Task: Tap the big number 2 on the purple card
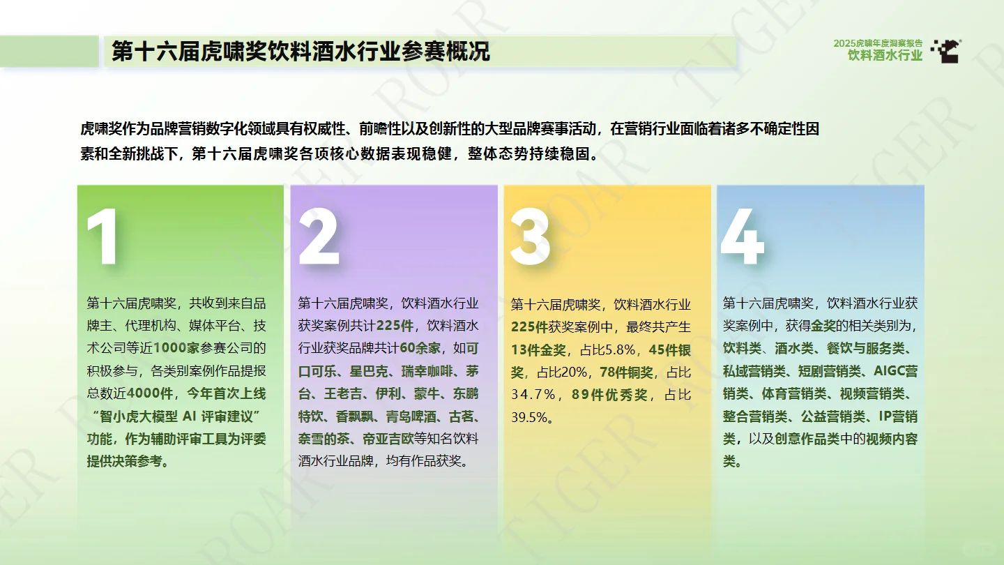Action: point(319,236)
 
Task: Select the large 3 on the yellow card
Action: point(531,236)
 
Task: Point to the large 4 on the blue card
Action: point(742,236)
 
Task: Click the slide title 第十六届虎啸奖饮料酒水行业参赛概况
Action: point(301,52)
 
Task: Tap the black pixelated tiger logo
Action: point(946,50)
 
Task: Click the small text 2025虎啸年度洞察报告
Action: point(878,43)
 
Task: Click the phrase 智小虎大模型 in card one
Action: point(137,416)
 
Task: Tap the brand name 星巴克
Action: point(367,371)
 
